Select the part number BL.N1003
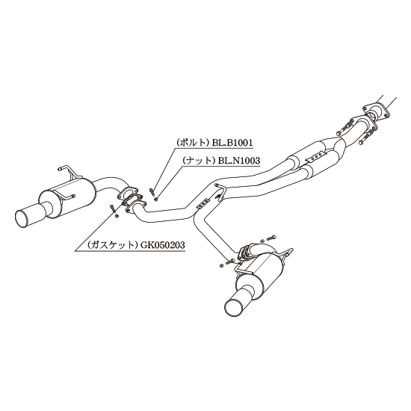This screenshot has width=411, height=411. click(x=239, y=160)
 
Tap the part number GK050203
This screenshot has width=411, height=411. click(x=163, y=245)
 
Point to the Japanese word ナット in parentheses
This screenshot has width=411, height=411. click(x=200, y=160)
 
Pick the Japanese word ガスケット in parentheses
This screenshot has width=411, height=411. click(x=113, y=245)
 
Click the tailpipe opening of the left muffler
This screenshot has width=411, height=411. click(x=24, y=218)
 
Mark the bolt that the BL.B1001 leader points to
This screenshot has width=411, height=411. click(x=151, y=191)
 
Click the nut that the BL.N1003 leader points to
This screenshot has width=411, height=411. click(x=156, y=200)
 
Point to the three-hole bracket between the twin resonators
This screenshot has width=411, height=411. click(x=316, y=157)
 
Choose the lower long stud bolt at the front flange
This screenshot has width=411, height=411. click(x=365, y=137)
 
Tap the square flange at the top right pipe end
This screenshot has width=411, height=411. click(x=375, y=111)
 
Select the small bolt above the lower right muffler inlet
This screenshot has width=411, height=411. click(x=271, y=238)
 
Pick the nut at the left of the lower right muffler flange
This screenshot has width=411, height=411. click(x=221, y=265)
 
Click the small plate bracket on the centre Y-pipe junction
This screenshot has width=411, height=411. click(x=203, y=203)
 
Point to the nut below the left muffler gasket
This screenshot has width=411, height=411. click(x=117, y=216)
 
